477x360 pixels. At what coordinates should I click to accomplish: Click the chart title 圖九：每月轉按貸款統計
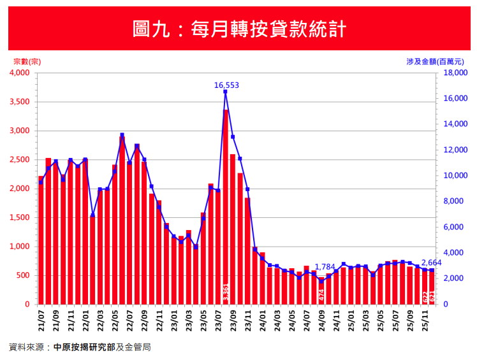238,29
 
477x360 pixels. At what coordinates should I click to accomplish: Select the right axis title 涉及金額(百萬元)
440,62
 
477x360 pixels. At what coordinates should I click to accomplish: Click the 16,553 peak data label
226,85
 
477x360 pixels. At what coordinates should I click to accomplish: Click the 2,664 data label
432,263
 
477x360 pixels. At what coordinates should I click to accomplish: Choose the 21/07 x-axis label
41,319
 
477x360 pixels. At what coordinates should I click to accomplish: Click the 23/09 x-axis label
233,319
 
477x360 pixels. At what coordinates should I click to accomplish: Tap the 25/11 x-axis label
425,319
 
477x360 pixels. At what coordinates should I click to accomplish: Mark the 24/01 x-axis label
262,319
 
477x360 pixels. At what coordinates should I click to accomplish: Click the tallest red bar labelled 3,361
226,204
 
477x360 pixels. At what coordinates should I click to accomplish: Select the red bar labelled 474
322,292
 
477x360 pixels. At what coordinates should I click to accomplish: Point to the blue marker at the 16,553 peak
225,92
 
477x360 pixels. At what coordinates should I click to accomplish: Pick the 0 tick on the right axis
445,305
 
